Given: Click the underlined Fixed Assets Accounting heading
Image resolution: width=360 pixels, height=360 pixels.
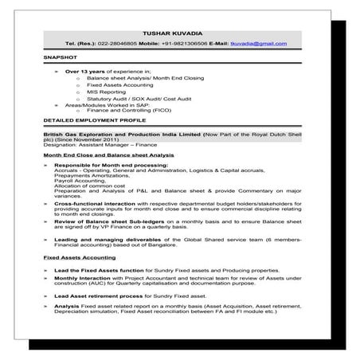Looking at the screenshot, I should [75, 258].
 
